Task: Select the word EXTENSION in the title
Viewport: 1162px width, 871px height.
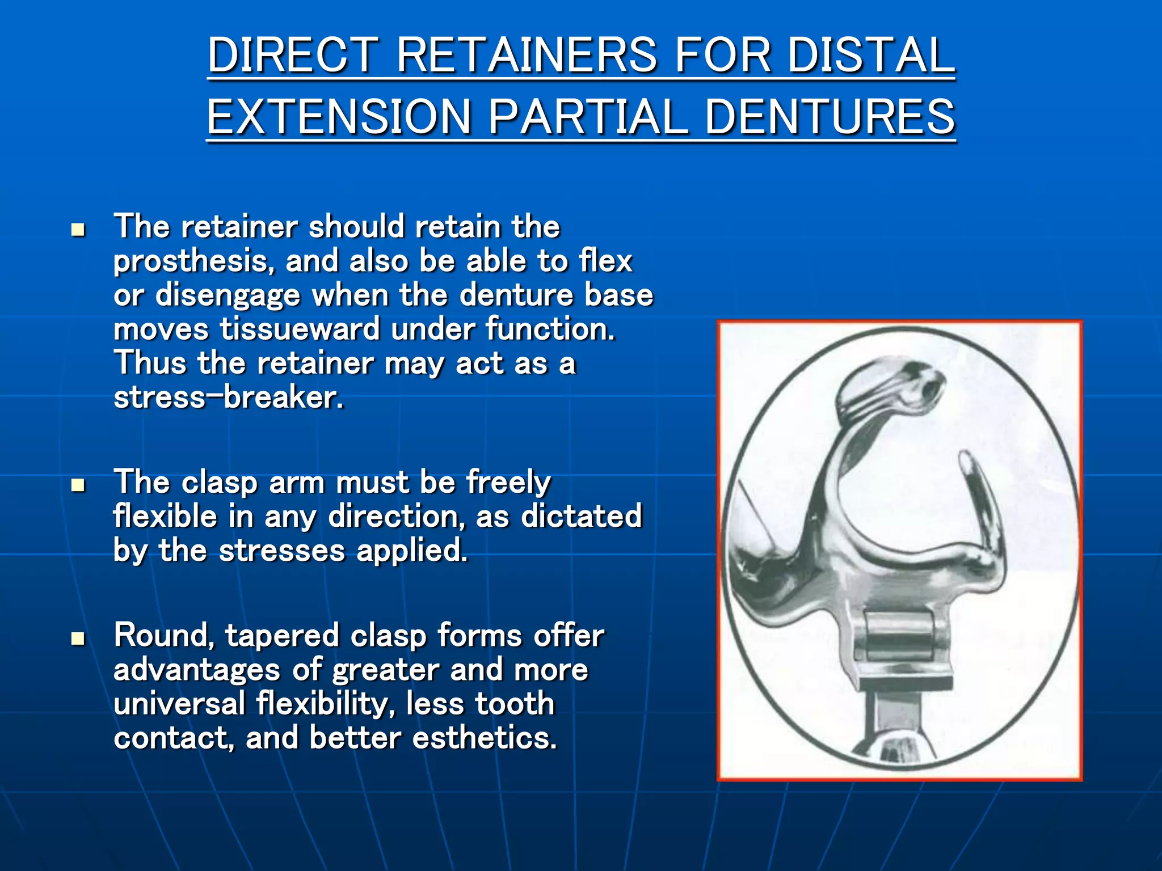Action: (339, 117)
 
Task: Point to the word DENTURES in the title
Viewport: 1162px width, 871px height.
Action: (830, 117)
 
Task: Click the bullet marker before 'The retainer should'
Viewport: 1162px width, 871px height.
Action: (78, 230)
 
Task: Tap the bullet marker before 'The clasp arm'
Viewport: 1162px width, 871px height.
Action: (78, 485)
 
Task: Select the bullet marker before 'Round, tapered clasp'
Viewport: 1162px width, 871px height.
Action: (78, 639)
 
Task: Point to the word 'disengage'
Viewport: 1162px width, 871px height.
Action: (228, 295)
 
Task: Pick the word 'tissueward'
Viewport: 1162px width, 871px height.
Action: (300, 329)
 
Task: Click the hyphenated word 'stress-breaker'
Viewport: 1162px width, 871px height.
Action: (228, 398)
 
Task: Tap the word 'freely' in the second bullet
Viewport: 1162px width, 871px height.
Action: (508, 483)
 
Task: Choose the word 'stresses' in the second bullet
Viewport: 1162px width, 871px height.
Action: (282, 551)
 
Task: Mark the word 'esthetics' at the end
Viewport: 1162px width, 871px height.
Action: (485, 738)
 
